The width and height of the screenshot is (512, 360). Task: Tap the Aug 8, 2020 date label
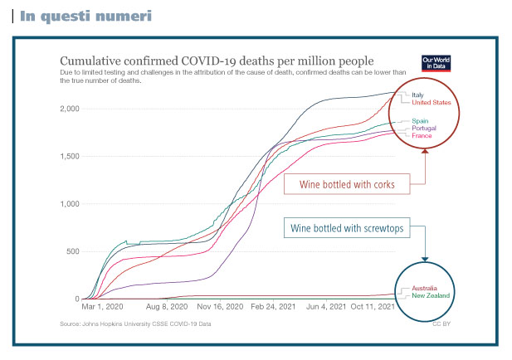(166, 307)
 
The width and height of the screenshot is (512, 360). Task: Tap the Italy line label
(417, 95)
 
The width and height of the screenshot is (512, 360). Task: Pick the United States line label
(431, 103)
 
